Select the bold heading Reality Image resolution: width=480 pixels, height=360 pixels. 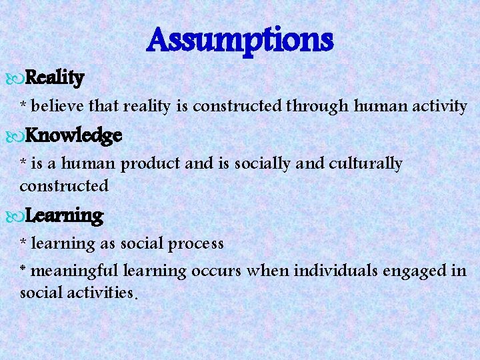[56, 79]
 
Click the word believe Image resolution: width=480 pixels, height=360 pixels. [53, 105]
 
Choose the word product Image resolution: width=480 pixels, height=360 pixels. [157, 164]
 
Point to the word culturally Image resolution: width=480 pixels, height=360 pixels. [365, 164]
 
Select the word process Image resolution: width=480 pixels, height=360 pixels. [195, 244]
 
